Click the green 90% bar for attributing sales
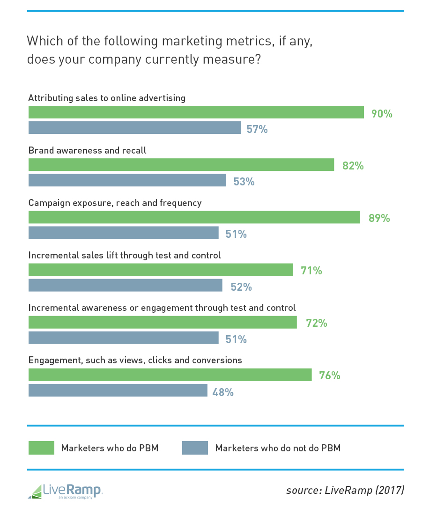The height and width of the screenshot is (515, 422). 196,112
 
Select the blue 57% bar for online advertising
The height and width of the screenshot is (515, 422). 134,128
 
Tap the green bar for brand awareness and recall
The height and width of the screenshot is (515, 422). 181,165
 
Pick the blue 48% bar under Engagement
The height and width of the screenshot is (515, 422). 118,390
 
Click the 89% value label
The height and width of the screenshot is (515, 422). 379,218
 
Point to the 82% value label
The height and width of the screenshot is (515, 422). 353,166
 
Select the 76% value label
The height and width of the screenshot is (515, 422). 329,375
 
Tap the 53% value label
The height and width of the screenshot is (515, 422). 244,182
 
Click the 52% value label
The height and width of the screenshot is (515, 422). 241,287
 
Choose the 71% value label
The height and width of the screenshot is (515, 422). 311,271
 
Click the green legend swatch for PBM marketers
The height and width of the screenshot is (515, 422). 41,448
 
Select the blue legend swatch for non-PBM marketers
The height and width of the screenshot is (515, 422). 195,448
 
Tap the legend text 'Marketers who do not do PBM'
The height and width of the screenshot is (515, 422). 278,448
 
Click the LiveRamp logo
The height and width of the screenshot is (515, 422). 65,491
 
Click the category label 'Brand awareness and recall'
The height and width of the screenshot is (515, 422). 87,151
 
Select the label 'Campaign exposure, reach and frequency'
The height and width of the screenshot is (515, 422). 115,203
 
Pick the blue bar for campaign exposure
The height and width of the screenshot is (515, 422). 123,233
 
